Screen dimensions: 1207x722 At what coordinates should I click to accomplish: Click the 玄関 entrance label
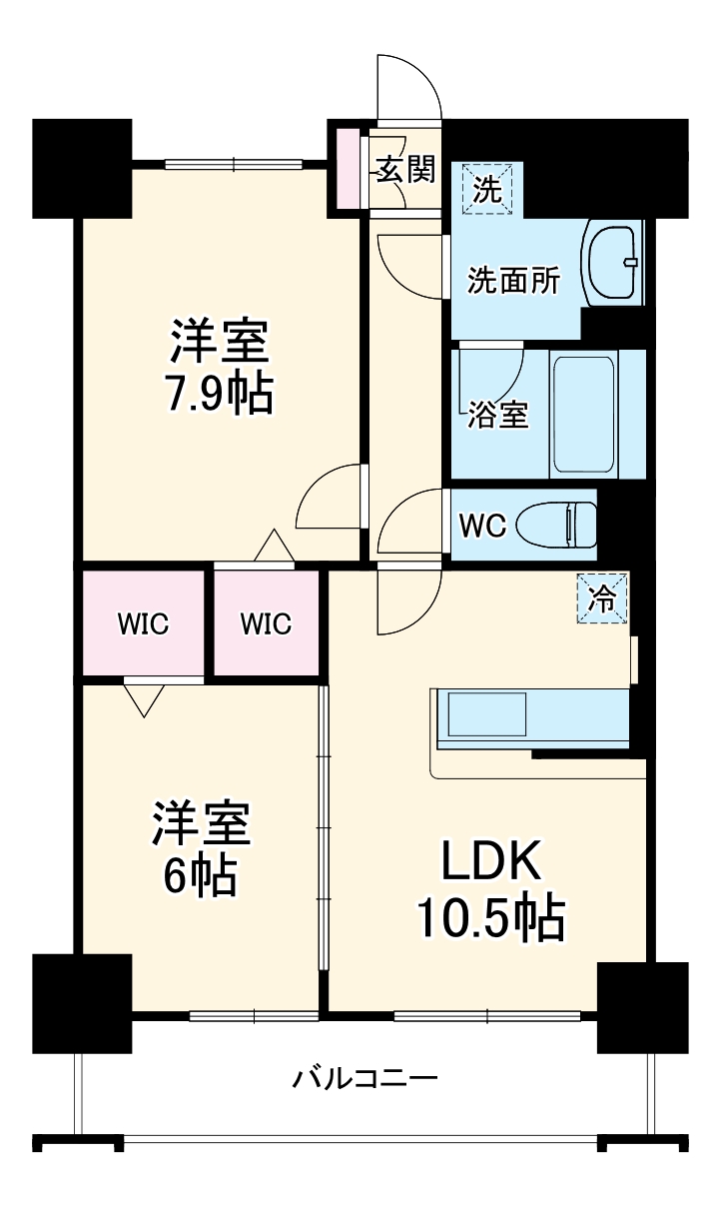click(x=404, y=170)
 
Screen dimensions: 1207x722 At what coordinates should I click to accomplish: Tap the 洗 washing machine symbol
click(x=487, y=189)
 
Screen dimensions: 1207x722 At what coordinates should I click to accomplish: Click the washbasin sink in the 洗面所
click(x=612, y=262)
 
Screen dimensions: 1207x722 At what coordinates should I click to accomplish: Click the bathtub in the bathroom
click(x=583, y=414)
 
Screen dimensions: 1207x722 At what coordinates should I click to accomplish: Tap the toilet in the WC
click(x=572, y=524)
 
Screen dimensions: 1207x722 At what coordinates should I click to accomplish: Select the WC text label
click(x=483, y=525)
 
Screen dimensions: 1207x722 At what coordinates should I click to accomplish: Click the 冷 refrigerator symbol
click(x=602, y=599)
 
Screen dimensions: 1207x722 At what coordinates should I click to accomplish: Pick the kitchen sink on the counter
click(x=485, y=715)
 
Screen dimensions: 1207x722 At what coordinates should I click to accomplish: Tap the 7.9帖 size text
click(x=219, y=395)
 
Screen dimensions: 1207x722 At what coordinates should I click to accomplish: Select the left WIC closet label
click(x=143, y=624)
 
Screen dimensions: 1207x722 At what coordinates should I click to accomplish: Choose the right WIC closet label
click(x=266, y=624)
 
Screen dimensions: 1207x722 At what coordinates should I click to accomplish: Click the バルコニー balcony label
click(x=364, y=1079)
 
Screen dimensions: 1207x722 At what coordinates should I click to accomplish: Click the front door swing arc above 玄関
click(x=409, y=85)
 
